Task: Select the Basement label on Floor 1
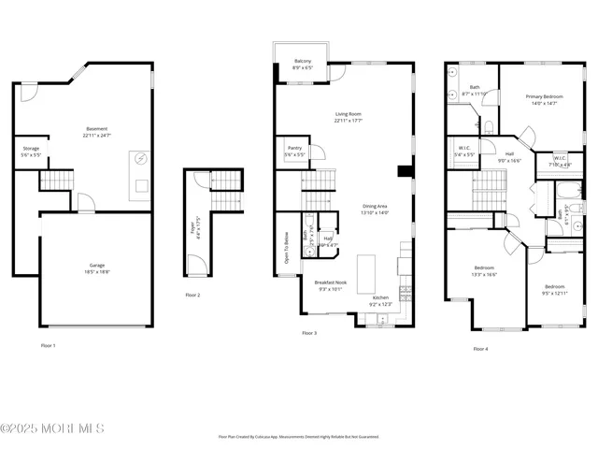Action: point(97,132)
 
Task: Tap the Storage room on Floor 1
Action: point(32,151)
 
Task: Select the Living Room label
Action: point(349,118)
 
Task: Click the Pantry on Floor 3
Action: point(292,151)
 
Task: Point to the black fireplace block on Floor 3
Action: point(404,171)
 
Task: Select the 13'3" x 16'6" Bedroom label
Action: point(485,270)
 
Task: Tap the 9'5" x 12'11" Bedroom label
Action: point(555,290)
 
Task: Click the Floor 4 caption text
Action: point(480,349)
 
